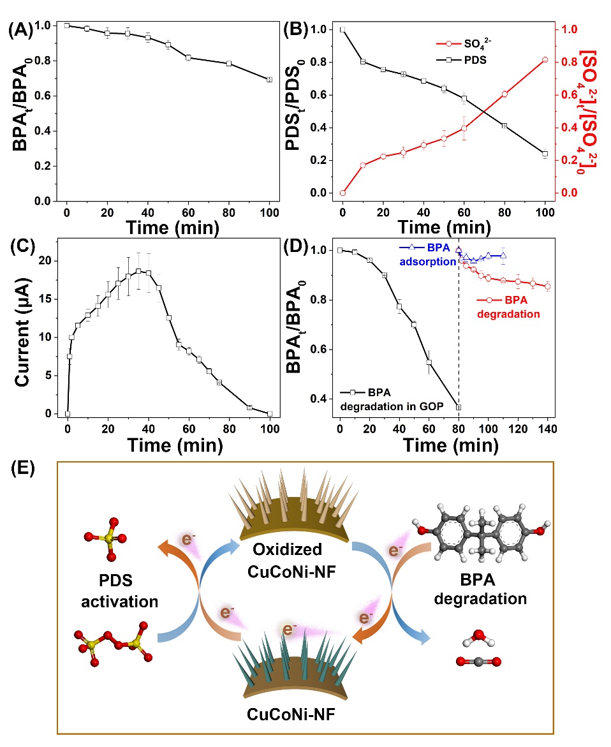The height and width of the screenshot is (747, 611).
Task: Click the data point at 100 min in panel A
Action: coord(269,79)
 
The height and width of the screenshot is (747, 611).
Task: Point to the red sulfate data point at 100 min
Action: coord(545,59)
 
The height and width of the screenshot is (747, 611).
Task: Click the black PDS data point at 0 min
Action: coord(342,29)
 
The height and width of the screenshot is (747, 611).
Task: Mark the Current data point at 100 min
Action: coord(269,413)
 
